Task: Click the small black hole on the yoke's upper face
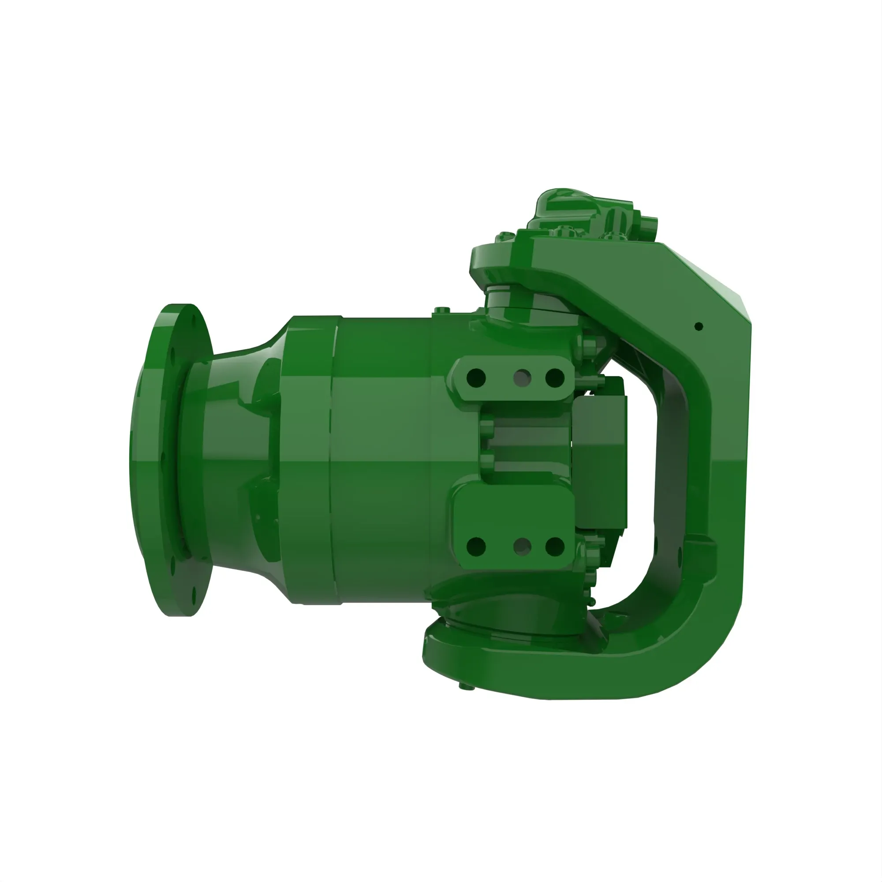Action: tap(699, 326)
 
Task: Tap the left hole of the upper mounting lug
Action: tap(476, 377)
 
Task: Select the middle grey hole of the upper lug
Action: tap(522, 377)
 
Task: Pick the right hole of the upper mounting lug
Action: tap(555, 377)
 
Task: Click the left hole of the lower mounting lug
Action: tap(476, 546)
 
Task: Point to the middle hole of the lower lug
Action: tap(522, 546)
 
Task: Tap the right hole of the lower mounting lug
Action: tap(555, 546)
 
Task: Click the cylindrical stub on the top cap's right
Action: tap(648, 226)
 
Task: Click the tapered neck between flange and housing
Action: tap(242, 456)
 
